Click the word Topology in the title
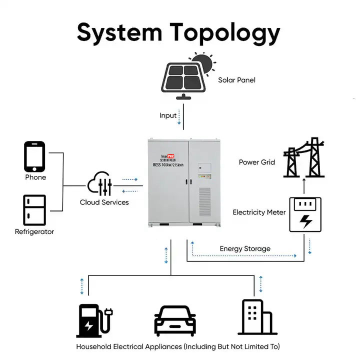225,33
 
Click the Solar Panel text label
236,80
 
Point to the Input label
168,115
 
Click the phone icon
34,156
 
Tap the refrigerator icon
34,209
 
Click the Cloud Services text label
104,202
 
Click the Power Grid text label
256,162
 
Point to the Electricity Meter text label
259,212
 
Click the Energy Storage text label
245,248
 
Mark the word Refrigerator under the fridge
34,232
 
